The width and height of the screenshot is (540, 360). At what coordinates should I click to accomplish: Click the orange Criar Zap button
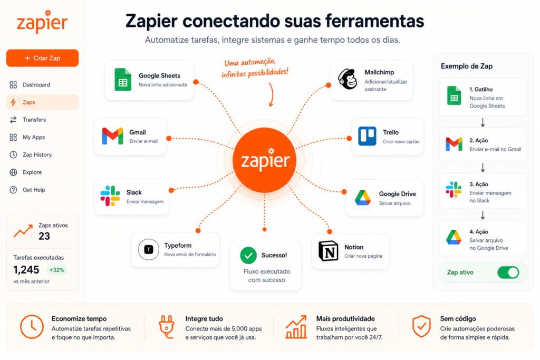click(x=42, y=58)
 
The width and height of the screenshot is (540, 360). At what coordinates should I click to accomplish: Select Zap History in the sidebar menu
click(x=37, y=155)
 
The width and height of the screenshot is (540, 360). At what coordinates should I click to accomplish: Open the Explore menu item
click(x=32, y=172)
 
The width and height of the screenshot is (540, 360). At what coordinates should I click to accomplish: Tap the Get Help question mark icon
click(x=13, y=190)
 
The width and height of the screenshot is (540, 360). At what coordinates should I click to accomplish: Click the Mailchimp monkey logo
click(x=348, y=80)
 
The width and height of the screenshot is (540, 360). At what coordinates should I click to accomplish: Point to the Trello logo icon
click(x=367, y=137)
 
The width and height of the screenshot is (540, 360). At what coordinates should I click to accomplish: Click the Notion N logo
click(x=328, y=251)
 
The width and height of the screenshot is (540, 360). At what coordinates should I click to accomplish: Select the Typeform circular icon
click(x=148, y=249)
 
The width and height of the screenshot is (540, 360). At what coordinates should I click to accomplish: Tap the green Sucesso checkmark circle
click(x=248, y=255)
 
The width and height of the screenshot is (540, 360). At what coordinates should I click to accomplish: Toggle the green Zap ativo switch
click(x=508, y=273)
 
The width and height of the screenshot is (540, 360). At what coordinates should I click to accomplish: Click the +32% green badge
click(x=57, y=270)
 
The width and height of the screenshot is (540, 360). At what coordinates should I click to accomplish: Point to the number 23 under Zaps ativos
click(x=44, y=236)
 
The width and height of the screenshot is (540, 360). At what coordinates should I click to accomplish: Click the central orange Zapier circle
click(x=265, y=160)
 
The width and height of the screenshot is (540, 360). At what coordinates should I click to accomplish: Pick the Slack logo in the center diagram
click(x=110, y=196)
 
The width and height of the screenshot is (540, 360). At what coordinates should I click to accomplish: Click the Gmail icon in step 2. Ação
click(x=454, y=144)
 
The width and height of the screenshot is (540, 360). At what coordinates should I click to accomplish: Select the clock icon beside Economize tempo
click(x=32, y=327)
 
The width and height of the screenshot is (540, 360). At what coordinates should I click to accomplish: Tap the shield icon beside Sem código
click(x=421, y=326)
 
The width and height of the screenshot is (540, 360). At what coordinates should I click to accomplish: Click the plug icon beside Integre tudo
click(x=167, y=327)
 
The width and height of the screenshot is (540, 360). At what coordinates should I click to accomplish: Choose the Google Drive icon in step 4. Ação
click(x=454, y=238)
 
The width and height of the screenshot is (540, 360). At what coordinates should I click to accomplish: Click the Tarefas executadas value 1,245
click(x=26, y=270)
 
